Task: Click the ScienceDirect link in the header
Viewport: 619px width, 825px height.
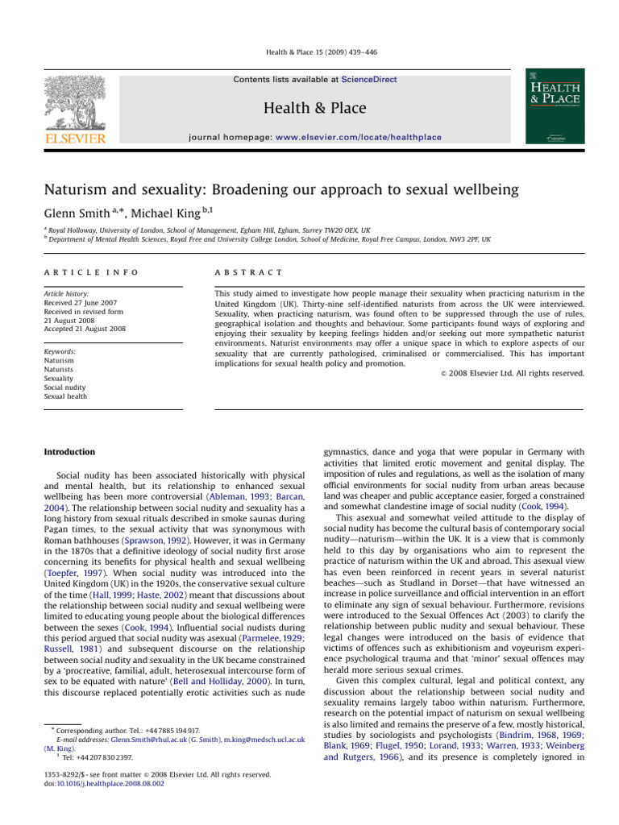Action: coord(369,79)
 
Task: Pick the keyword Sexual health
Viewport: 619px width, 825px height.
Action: coord(68,396)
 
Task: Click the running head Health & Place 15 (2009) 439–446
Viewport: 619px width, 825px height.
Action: coord(309,52)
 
